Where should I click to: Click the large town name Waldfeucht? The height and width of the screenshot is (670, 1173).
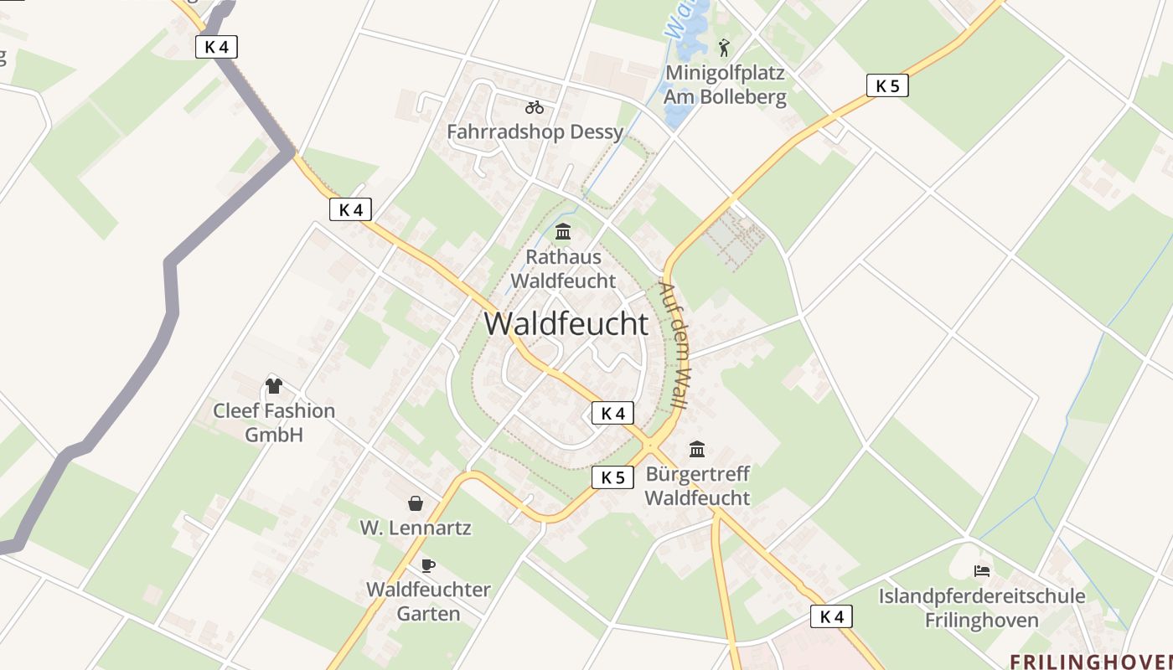pos(566,324)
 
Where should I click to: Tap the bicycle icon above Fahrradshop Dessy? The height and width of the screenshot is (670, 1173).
pos(535,107)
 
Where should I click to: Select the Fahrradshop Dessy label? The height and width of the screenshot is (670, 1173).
pos(535,131)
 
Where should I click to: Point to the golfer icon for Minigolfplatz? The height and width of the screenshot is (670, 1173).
pos(725,47)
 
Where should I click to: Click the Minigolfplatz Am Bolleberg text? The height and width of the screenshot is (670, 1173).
pos(726,85)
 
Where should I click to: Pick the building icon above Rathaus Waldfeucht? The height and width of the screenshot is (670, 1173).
pos(563,231)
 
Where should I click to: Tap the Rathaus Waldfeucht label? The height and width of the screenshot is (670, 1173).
pos(563,268)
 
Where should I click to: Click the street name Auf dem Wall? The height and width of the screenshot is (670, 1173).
pos(676,345)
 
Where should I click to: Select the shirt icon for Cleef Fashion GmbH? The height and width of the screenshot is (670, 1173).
pos(274,385)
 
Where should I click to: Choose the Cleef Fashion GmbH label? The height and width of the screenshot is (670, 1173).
pos(274,422)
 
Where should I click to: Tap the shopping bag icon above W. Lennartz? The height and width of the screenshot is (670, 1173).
pos(416,502)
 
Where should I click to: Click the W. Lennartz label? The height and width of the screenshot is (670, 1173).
pos(416,528)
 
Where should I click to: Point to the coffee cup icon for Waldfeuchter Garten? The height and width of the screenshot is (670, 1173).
pos(428,565)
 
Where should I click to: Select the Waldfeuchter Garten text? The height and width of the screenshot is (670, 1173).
pos(428,601)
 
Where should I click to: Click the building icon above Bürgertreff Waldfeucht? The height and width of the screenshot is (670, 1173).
pos(697,450)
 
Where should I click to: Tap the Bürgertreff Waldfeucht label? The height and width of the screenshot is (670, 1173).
pos(697,486)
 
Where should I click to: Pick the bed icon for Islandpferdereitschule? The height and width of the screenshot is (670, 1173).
pos(982,571)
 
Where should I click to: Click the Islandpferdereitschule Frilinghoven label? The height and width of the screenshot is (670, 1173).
pos(982,608)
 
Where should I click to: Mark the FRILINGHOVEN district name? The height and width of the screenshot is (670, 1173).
pos(1090,662)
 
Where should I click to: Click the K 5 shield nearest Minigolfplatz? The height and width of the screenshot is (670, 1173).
pos(887,85)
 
